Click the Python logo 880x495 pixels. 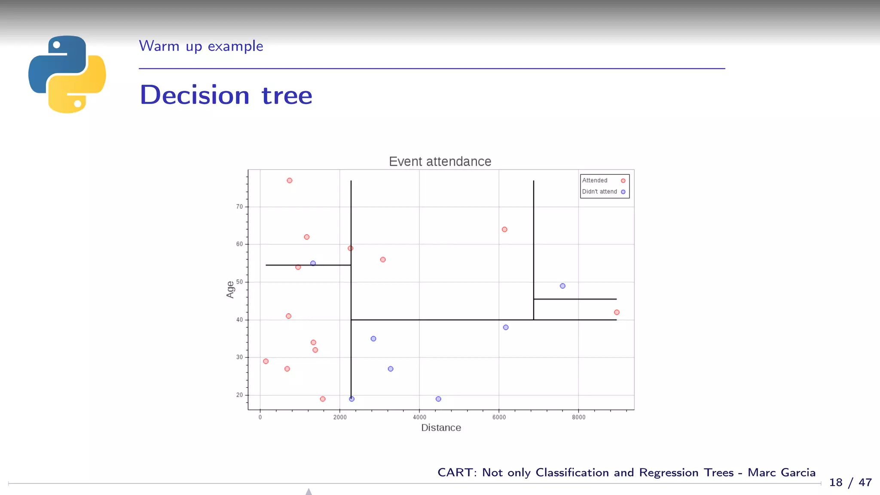[67, 74]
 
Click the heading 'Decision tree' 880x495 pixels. [226, 95]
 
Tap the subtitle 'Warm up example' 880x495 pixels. [201, 46]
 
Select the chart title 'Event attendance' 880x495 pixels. [440, 162]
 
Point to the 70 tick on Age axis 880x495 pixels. [239, 207]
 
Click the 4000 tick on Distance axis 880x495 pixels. [419, 417]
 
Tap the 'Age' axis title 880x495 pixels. [230, 289]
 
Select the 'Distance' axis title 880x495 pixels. [441, 428]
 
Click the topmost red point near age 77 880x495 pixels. [290, 180]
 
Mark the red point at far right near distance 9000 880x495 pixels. [617, 312]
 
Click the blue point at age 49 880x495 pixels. [562, 286]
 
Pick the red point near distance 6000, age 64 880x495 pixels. [504, 229]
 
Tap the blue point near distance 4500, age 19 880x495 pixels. [438, 399]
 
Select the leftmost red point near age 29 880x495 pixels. [266, 361]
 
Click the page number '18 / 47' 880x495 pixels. [850, 483]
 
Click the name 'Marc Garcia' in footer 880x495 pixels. [781, 472]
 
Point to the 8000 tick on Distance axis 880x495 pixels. [578, 417]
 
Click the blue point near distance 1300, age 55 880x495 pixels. [313, 263]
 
